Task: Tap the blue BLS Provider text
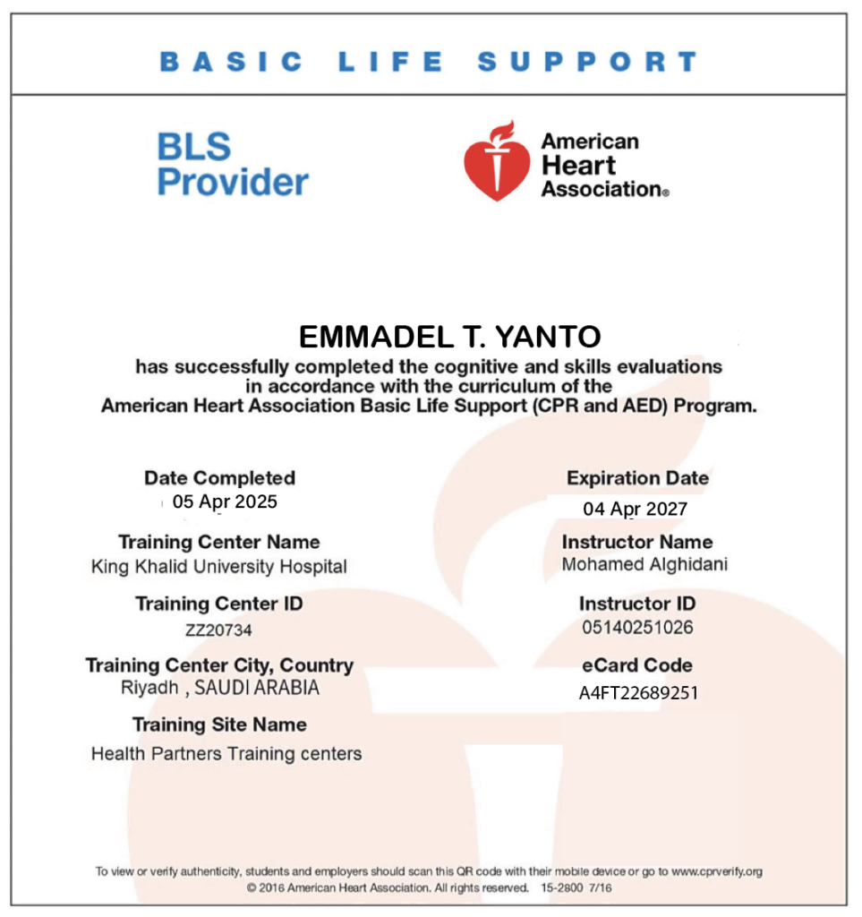click(x=233, y=164)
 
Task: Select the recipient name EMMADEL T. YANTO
click(x=449, y=337)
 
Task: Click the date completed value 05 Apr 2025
click(x=225, y=501)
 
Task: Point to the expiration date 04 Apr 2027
click(x=636, y=509)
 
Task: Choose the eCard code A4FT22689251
click(x=638, y=693)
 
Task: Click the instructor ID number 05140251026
click(x=636, y=627)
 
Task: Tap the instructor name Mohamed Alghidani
click(x=644, y=564)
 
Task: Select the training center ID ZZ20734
click(x=218, y=630)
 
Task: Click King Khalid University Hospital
click(x=219, y=567)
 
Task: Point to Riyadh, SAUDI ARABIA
click(x=219, y=689)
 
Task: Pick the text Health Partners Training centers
click(x=226, y=754)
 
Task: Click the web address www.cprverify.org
click(x=717, y=870)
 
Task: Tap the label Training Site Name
click(x=219, y=724)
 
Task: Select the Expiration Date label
click(x=637, y=478)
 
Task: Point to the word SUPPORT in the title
click(x=587, y=62)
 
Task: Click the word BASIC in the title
click(x=232, y=62)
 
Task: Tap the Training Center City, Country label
click(x=219, y=665)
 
